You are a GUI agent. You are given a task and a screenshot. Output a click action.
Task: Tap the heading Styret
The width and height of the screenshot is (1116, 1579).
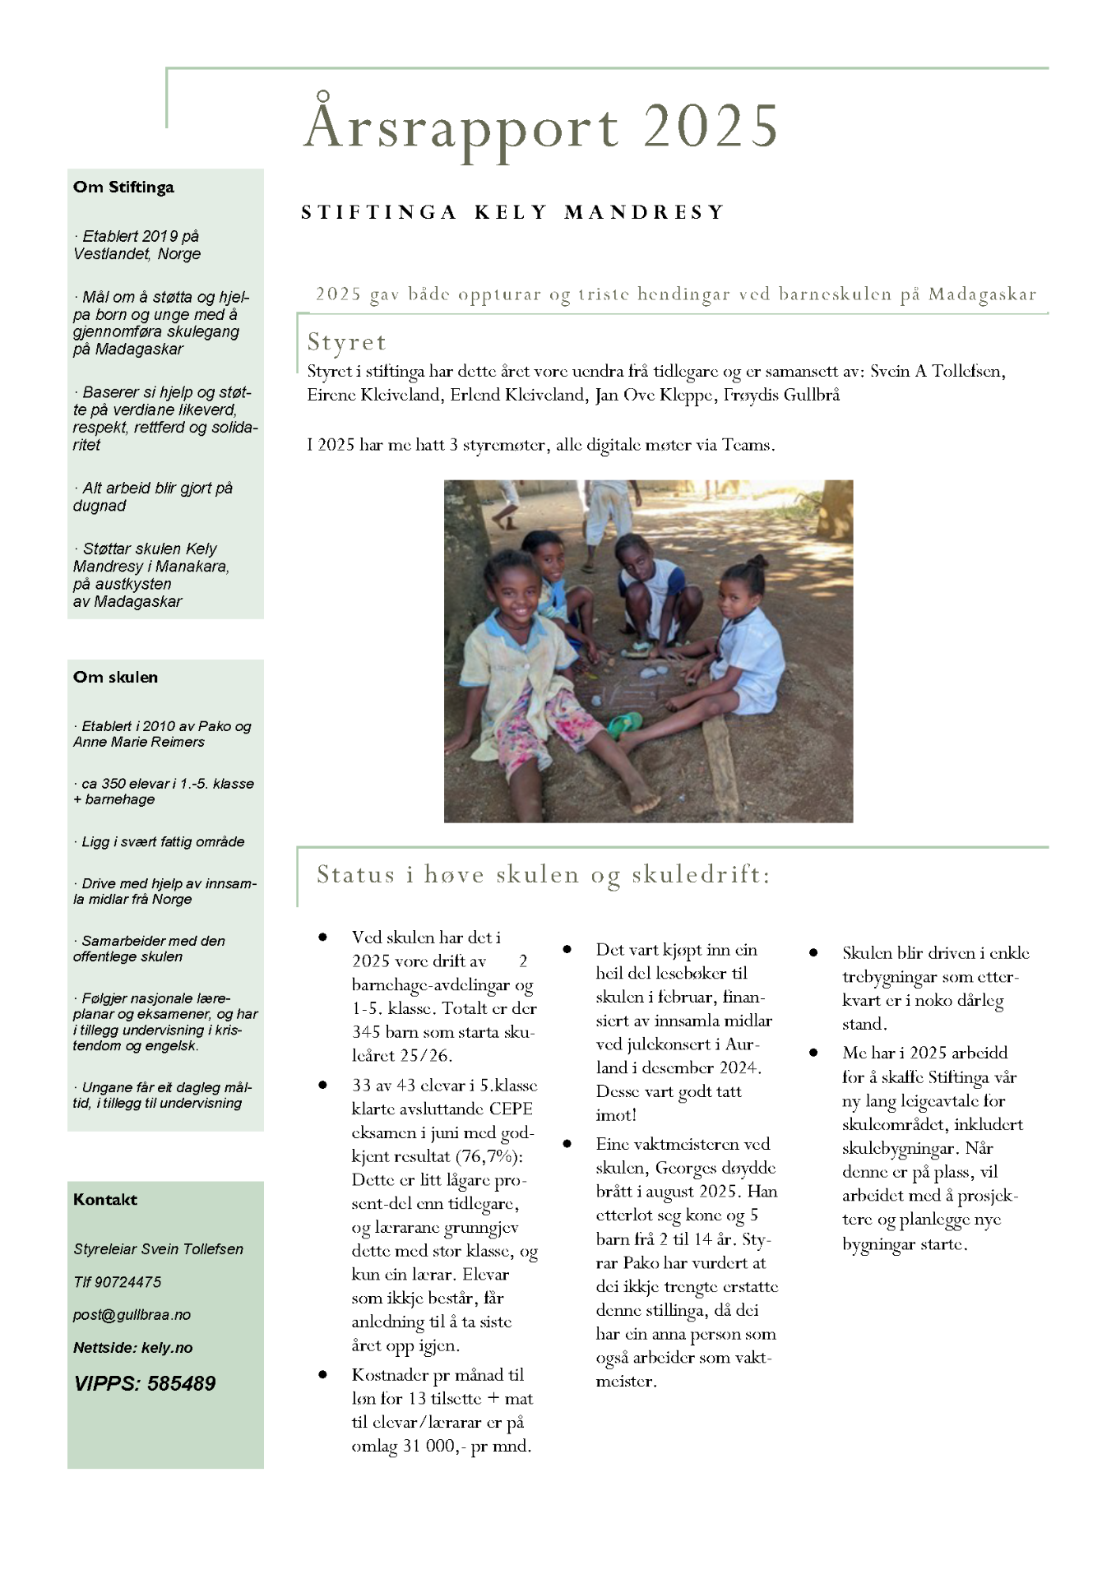(346, 342)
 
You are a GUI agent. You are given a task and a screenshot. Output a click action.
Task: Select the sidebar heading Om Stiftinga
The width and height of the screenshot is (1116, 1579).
(123, 188)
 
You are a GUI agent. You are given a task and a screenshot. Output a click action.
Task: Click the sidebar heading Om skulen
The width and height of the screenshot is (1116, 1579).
(115, 678)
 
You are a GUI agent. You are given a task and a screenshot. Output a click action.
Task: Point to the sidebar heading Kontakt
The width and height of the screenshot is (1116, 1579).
(105, 1200)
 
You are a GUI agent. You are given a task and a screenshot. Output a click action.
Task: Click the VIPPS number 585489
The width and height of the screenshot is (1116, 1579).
(181, 1384)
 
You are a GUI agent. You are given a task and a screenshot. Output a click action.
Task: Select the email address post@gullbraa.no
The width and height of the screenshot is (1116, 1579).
(132, 1315)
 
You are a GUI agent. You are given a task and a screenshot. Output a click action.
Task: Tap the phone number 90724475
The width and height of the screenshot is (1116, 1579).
(128, 1282)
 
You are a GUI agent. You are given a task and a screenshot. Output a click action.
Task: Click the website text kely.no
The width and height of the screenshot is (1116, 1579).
(167, 1348)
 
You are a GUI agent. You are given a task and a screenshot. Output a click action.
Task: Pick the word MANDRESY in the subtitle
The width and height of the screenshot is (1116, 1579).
(644, 212)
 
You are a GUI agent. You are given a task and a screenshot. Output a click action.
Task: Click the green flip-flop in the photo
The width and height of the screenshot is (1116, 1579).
(625, 724)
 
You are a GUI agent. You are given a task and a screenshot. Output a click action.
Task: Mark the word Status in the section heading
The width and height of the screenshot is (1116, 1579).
(356, 874)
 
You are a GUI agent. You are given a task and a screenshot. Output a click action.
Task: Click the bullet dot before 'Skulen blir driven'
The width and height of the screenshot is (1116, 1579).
(813, 953)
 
